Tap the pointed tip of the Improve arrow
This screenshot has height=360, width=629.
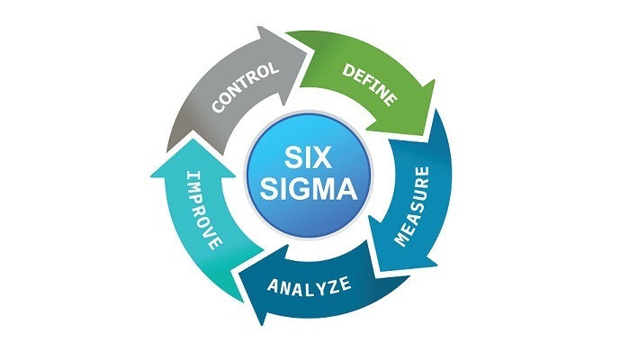point(184,146)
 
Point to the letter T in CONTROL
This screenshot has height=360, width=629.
point(244,86)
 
